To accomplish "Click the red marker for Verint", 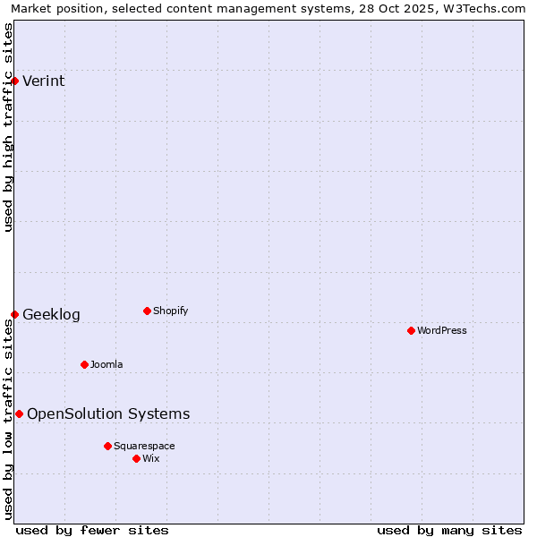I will pyautogui.click(x=15, y=81).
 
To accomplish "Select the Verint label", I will pyautogui.click(x=43, y=81).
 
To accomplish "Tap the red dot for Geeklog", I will pyautogui.click(x=15, y=314).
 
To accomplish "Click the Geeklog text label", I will pyautogui.click(x=51, y=315).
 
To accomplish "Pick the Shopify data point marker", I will pyautogui.click(x=147, y=311).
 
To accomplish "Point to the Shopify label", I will pyautogui.click(x=170, y=311).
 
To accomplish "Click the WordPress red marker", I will pyautogui.click(x=411, y=331).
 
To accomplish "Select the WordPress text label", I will pyautogui.click(x=441, y=331).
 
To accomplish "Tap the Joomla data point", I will pyautogui.click(x=84, y=364).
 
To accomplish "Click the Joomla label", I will pyautogui.click(x=107, y=365).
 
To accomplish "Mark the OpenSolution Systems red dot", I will pyautogui.click(x=19, y=413).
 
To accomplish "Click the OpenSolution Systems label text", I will pyautogui.click(x=108, y=413).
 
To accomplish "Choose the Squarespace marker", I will pyautogui.click(x=107, y=446).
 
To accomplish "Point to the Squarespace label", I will pyautogui.click(x=144, y=447).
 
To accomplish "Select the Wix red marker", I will pyautogui.click(x=136, y=458).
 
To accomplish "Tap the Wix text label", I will pyautogui.click(x=151, y=459).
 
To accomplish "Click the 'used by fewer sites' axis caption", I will pyautogui.click(x=92, y=530).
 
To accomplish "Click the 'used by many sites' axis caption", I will pyautogui.click(x=449, y=530).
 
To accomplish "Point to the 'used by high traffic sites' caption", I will pyautogui.click(x=9, y=127).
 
